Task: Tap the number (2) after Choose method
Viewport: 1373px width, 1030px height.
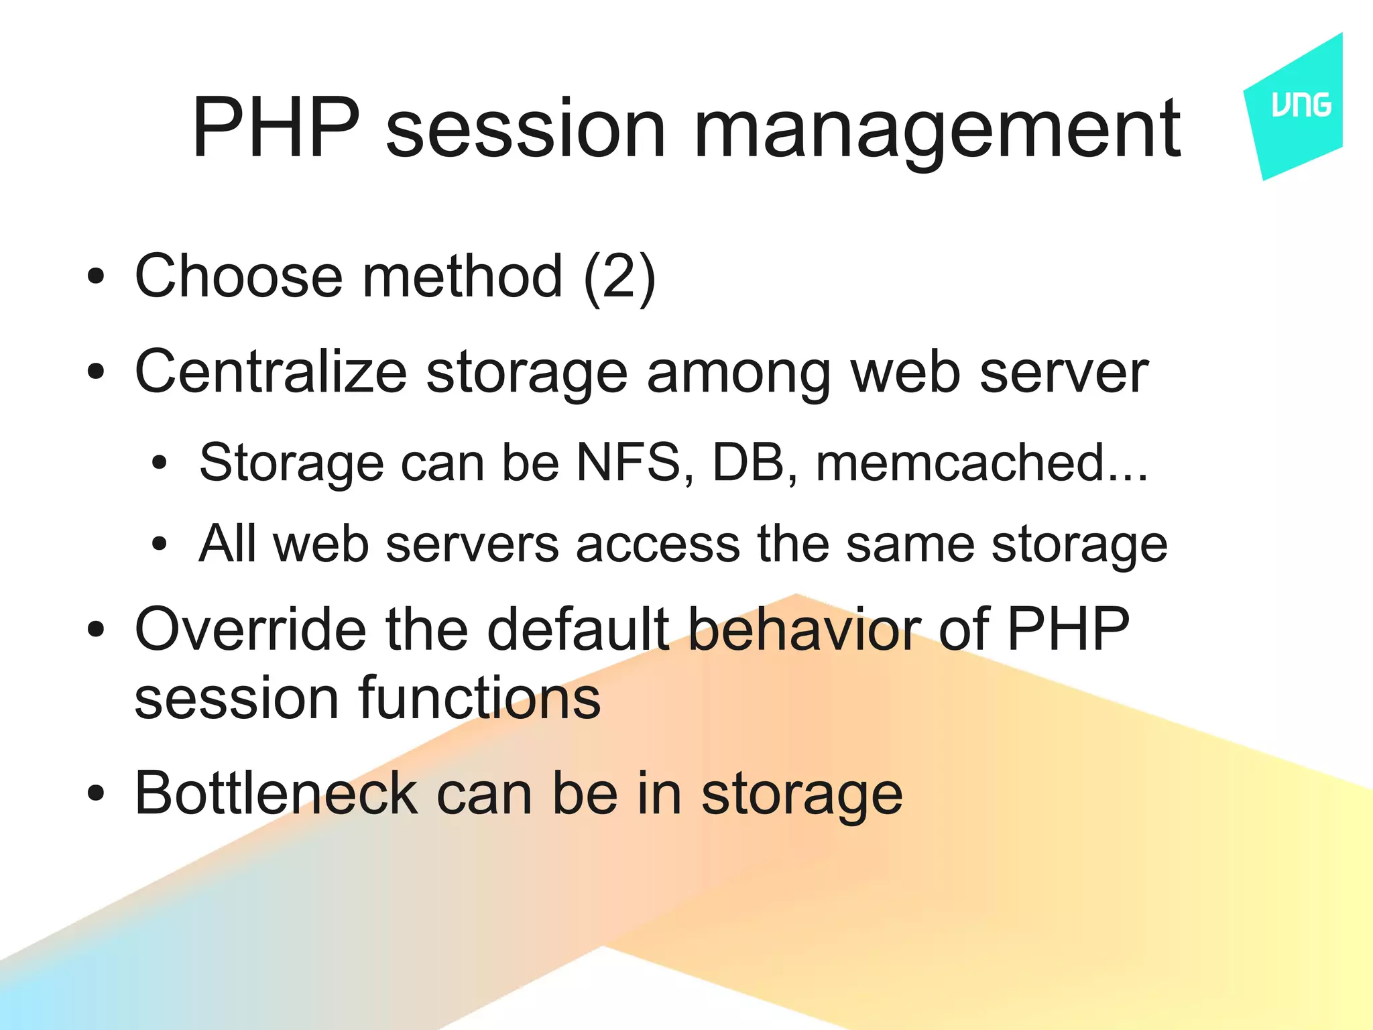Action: click(619, 277)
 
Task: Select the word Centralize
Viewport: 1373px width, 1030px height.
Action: click(271, 372)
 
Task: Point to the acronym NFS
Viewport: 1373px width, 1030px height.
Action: click(628, 463)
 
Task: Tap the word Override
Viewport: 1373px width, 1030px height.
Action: click(250, 630)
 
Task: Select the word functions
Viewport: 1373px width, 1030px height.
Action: click(479, 698)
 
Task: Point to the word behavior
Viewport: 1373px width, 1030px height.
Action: click(804, 630)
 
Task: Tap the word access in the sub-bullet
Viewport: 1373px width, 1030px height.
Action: click(658, 544)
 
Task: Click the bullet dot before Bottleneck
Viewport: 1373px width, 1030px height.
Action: click(96, 794)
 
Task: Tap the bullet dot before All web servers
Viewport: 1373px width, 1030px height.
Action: click(159, 544)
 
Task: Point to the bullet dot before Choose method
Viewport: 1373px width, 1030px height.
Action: click(96, 276)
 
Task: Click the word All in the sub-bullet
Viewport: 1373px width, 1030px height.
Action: click(227, 544)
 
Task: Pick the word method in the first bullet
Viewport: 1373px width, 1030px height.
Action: click(462, 277)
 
